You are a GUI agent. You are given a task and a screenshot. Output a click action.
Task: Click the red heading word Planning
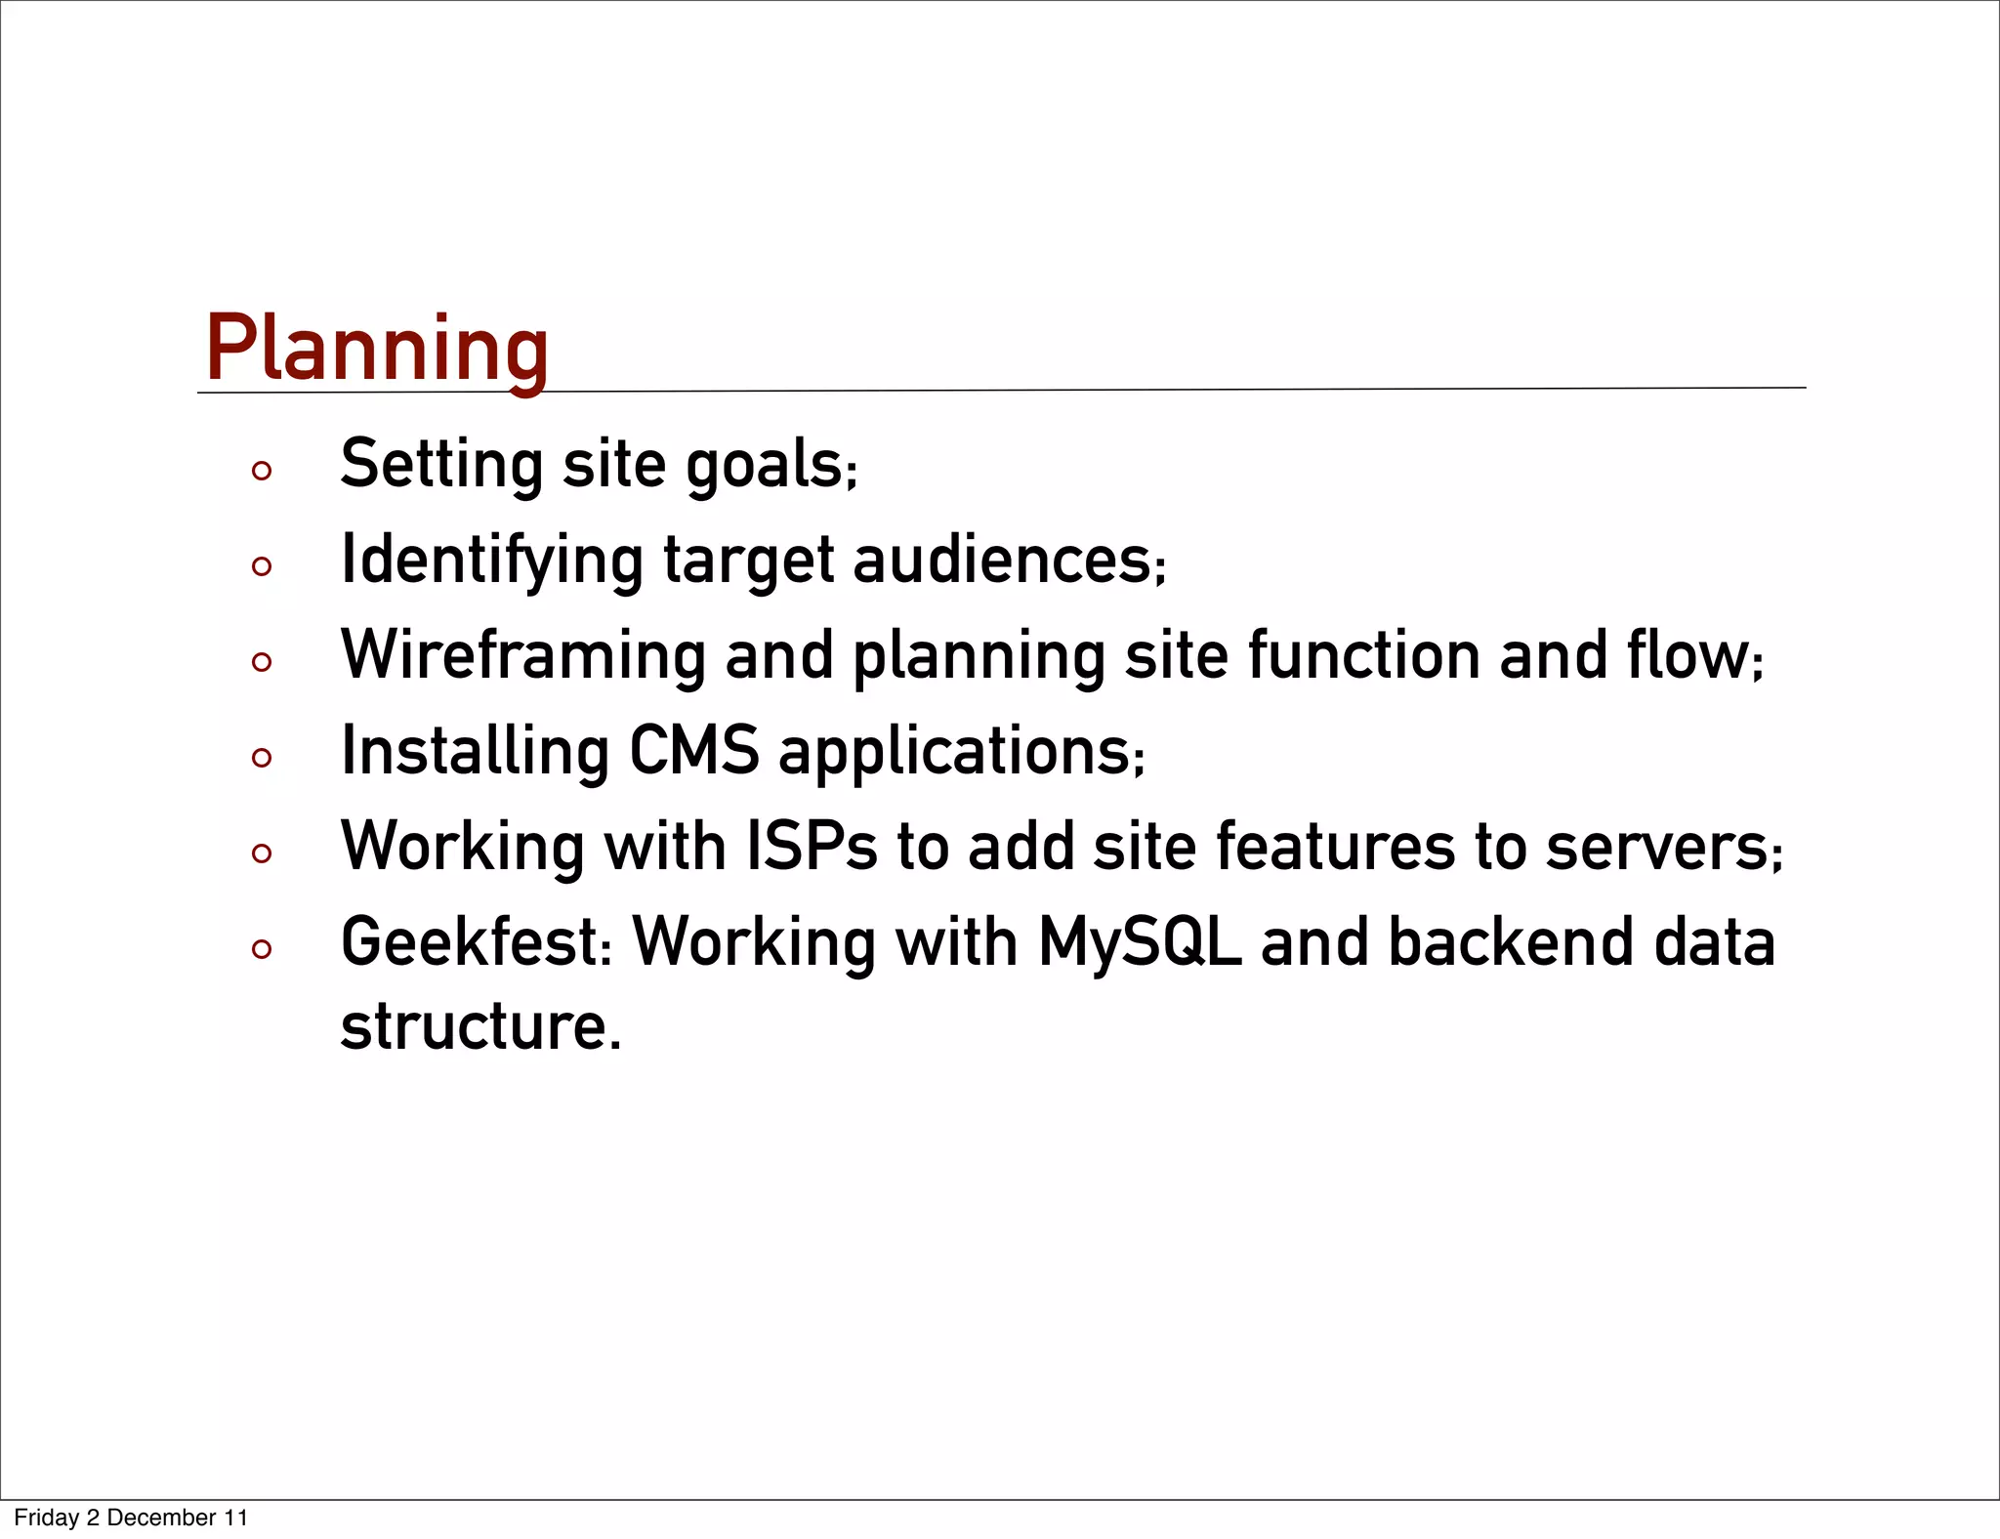click(377, 349)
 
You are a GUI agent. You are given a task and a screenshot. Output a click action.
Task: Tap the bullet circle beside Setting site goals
click(261, 472)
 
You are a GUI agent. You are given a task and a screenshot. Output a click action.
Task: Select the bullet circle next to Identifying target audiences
click(261, 566)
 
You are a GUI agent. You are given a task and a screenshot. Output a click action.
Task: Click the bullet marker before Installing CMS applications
click(261, 758)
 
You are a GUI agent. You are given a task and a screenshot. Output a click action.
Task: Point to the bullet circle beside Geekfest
click(261, 949)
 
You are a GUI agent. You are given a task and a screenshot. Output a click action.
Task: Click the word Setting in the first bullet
click(441, 464)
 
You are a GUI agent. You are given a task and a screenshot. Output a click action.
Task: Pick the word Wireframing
click(523, 655)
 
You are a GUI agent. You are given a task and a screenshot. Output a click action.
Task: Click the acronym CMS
click(693, 750)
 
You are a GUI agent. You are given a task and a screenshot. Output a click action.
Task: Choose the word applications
click(955, 753)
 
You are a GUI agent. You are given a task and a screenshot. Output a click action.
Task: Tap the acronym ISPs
click(812, 846)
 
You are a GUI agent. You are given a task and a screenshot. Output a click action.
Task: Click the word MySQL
click(1139, 943)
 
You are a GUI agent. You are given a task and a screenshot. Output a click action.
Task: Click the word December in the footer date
click(161, 1518)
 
